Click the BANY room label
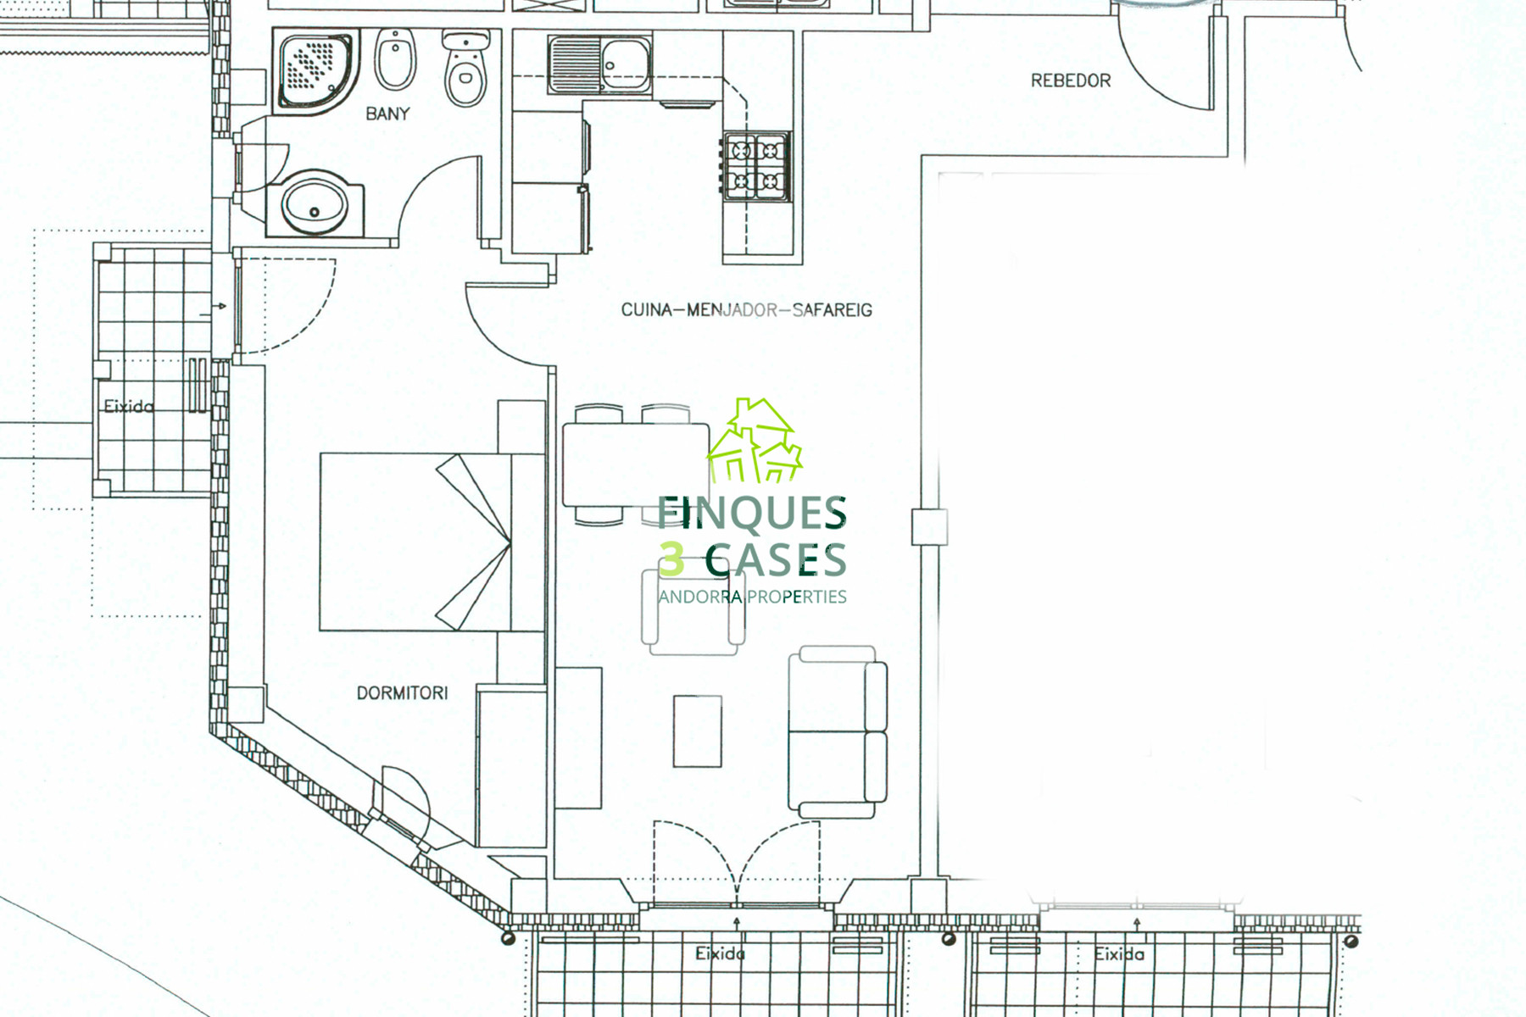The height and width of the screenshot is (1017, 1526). point(387,114)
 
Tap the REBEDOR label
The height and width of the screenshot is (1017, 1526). point(1071,81)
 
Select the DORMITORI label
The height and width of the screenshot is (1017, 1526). point(402,693)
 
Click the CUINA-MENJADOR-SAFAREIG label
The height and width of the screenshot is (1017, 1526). point(746,310)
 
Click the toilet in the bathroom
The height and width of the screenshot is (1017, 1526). point(465,68)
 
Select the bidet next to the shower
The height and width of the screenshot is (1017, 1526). point(395,59)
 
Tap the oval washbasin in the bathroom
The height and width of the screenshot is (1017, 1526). point(315,204)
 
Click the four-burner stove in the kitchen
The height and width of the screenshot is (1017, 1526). point(755,165)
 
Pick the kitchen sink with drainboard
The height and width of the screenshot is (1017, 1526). point(599,64)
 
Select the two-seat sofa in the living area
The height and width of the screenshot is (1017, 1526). point(838,732)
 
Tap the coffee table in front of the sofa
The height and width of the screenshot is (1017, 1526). point(698,731)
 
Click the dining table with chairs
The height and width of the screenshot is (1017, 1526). point(636,464)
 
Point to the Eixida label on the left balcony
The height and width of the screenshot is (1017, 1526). point(129,407)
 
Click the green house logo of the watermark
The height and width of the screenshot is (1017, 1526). point(755,441)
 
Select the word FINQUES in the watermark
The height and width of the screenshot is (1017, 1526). point(752,514)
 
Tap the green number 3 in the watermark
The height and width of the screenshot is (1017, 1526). point(671,560)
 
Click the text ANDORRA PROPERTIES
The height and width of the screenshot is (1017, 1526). point(752,597)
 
